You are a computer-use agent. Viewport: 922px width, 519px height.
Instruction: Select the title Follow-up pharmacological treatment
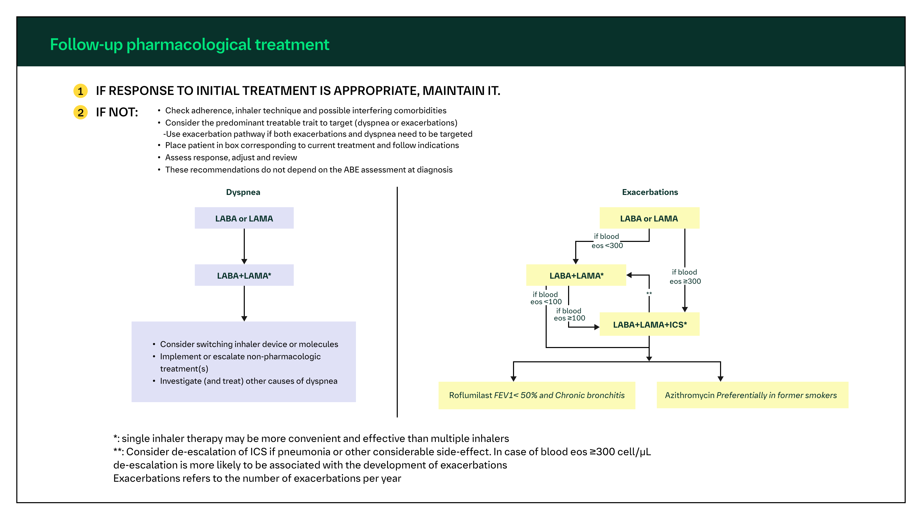click(x=189, y=45)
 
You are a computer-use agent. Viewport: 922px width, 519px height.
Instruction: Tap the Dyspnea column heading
click(x=243, y=192)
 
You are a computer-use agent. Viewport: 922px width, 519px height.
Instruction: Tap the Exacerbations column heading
click(x=650, y=192)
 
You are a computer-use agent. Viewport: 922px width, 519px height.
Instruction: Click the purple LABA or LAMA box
click(x=244, y=218)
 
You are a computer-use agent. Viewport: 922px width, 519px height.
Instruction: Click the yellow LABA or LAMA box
click(x=649, y=218)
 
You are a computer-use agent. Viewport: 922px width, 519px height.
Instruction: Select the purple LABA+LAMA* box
click(x=244, y=275)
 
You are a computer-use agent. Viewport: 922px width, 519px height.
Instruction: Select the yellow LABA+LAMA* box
click(x=576, y=275)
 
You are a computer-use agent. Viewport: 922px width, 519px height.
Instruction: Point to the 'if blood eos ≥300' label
click(x=685, y=277)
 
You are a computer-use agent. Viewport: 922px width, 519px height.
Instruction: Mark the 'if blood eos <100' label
click(x=545, y=298)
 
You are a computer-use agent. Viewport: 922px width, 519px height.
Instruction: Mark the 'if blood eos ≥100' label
click(x=569, y=314)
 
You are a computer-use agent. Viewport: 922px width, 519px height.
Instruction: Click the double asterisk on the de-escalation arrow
click(x=649, y=294)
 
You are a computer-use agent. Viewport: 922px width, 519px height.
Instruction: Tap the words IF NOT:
click(x=117, y=113)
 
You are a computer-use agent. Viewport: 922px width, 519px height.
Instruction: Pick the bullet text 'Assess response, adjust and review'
click(x=231, y=158)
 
